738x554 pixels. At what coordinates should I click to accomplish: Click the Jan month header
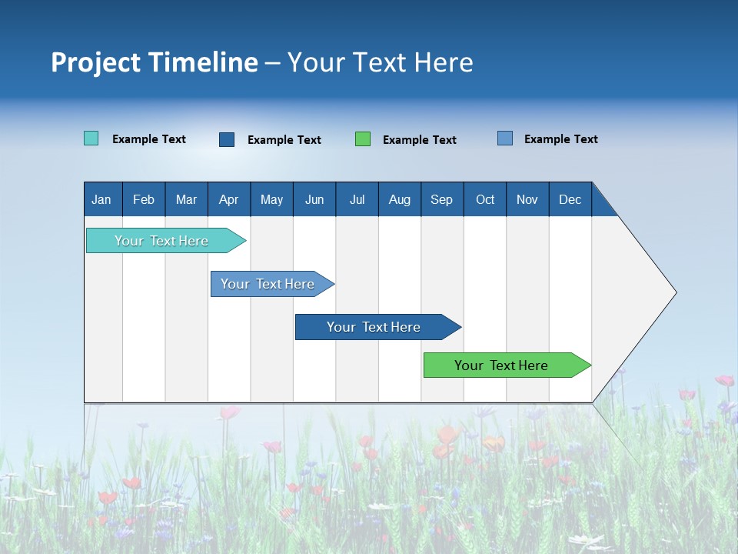coord(101,199)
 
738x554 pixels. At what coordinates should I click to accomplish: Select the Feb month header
coord(144,199)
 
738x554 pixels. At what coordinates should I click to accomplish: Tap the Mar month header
coord(186,199)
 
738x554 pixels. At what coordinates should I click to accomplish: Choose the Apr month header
coord(229,199)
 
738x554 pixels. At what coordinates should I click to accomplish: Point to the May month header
coord(271,199)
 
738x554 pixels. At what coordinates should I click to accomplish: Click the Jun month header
coord(314,199)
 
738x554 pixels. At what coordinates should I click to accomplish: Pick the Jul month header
coord(357,199)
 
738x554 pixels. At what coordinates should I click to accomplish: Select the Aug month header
coord(400,199)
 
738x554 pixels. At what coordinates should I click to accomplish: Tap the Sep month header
coord(442,199)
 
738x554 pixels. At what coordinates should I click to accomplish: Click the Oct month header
coord(485,199)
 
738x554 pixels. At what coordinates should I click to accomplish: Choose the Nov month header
coord(527,199)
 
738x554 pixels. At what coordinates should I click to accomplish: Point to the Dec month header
coord(570,199)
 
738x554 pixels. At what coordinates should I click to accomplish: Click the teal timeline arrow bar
coord(161,241)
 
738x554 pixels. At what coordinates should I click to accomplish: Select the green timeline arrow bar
coord(501,365)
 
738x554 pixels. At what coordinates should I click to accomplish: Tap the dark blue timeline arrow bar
coord(374,327)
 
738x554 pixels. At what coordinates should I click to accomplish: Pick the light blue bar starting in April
coord(268,284)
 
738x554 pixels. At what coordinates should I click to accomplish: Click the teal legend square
coord(91,138)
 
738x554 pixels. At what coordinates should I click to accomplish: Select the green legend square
coord(363,139)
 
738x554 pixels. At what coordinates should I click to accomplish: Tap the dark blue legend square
coord(227,139)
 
